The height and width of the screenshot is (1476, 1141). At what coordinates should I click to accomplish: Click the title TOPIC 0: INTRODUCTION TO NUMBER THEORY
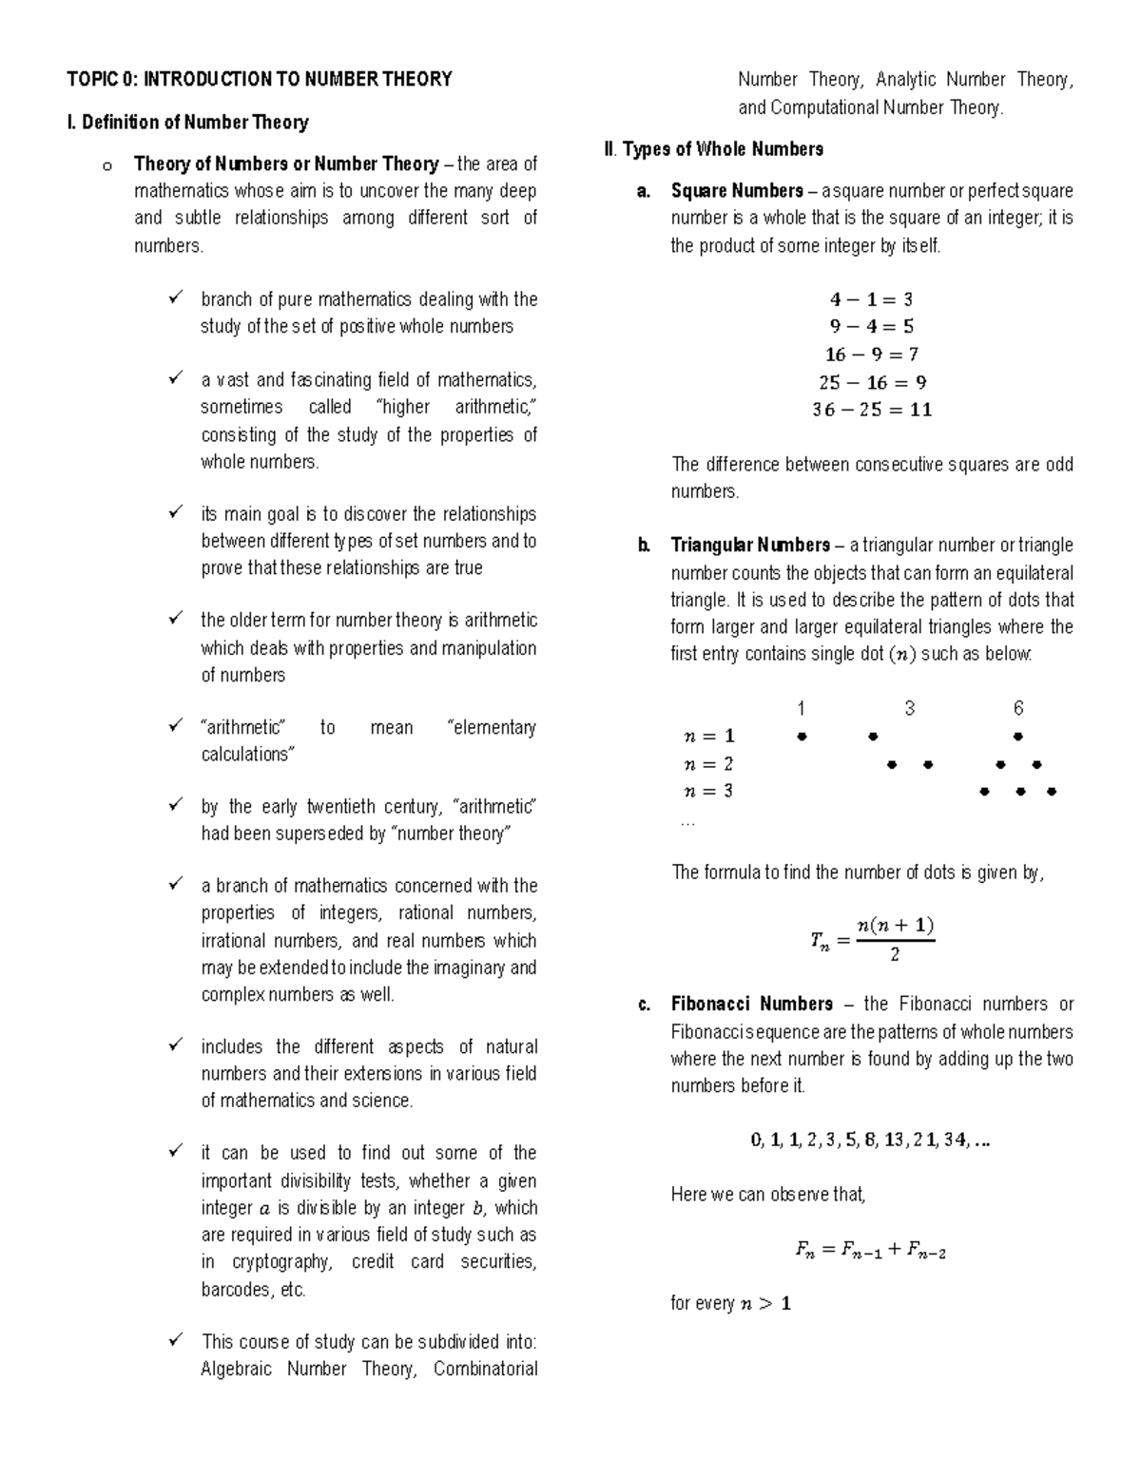coord(259,80)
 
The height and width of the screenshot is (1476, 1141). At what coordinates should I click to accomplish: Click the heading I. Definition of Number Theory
coord(187,123)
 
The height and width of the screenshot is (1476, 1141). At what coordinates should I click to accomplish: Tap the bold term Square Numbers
coord(737,191)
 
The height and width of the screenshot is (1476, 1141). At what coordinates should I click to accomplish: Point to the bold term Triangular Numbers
coord(750,546)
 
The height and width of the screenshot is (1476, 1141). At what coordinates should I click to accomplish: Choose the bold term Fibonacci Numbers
coord(751,1005)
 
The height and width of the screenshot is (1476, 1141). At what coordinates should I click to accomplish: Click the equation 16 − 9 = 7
coord(871,355)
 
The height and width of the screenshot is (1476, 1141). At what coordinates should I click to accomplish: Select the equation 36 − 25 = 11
coord(871,411)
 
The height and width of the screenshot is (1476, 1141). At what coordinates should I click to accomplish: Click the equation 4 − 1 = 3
coord(871,299)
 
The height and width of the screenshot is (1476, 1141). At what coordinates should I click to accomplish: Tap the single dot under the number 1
coord(802,737)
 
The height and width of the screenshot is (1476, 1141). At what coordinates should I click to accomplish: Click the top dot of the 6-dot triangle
coord(1017,737)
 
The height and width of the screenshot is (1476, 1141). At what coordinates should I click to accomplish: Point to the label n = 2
coord(708,764)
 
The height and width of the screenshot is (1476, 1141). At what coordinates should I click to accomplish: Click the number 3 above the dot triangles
coord(910,709)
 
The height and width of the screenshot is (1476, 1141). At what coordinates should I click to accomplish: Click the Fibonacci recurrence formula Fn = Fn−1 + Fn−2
coord(870,1251)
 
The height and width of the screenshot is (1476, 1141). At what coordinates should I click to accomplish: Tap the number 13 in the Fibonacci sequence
coord(894,1141)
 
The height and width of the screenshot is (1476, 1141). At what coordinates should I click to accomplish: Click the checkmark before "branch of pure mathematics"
coord(176,298)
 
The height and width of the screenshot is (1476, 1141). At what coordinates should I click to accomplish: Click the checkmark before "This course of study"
coord(176,1341)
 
